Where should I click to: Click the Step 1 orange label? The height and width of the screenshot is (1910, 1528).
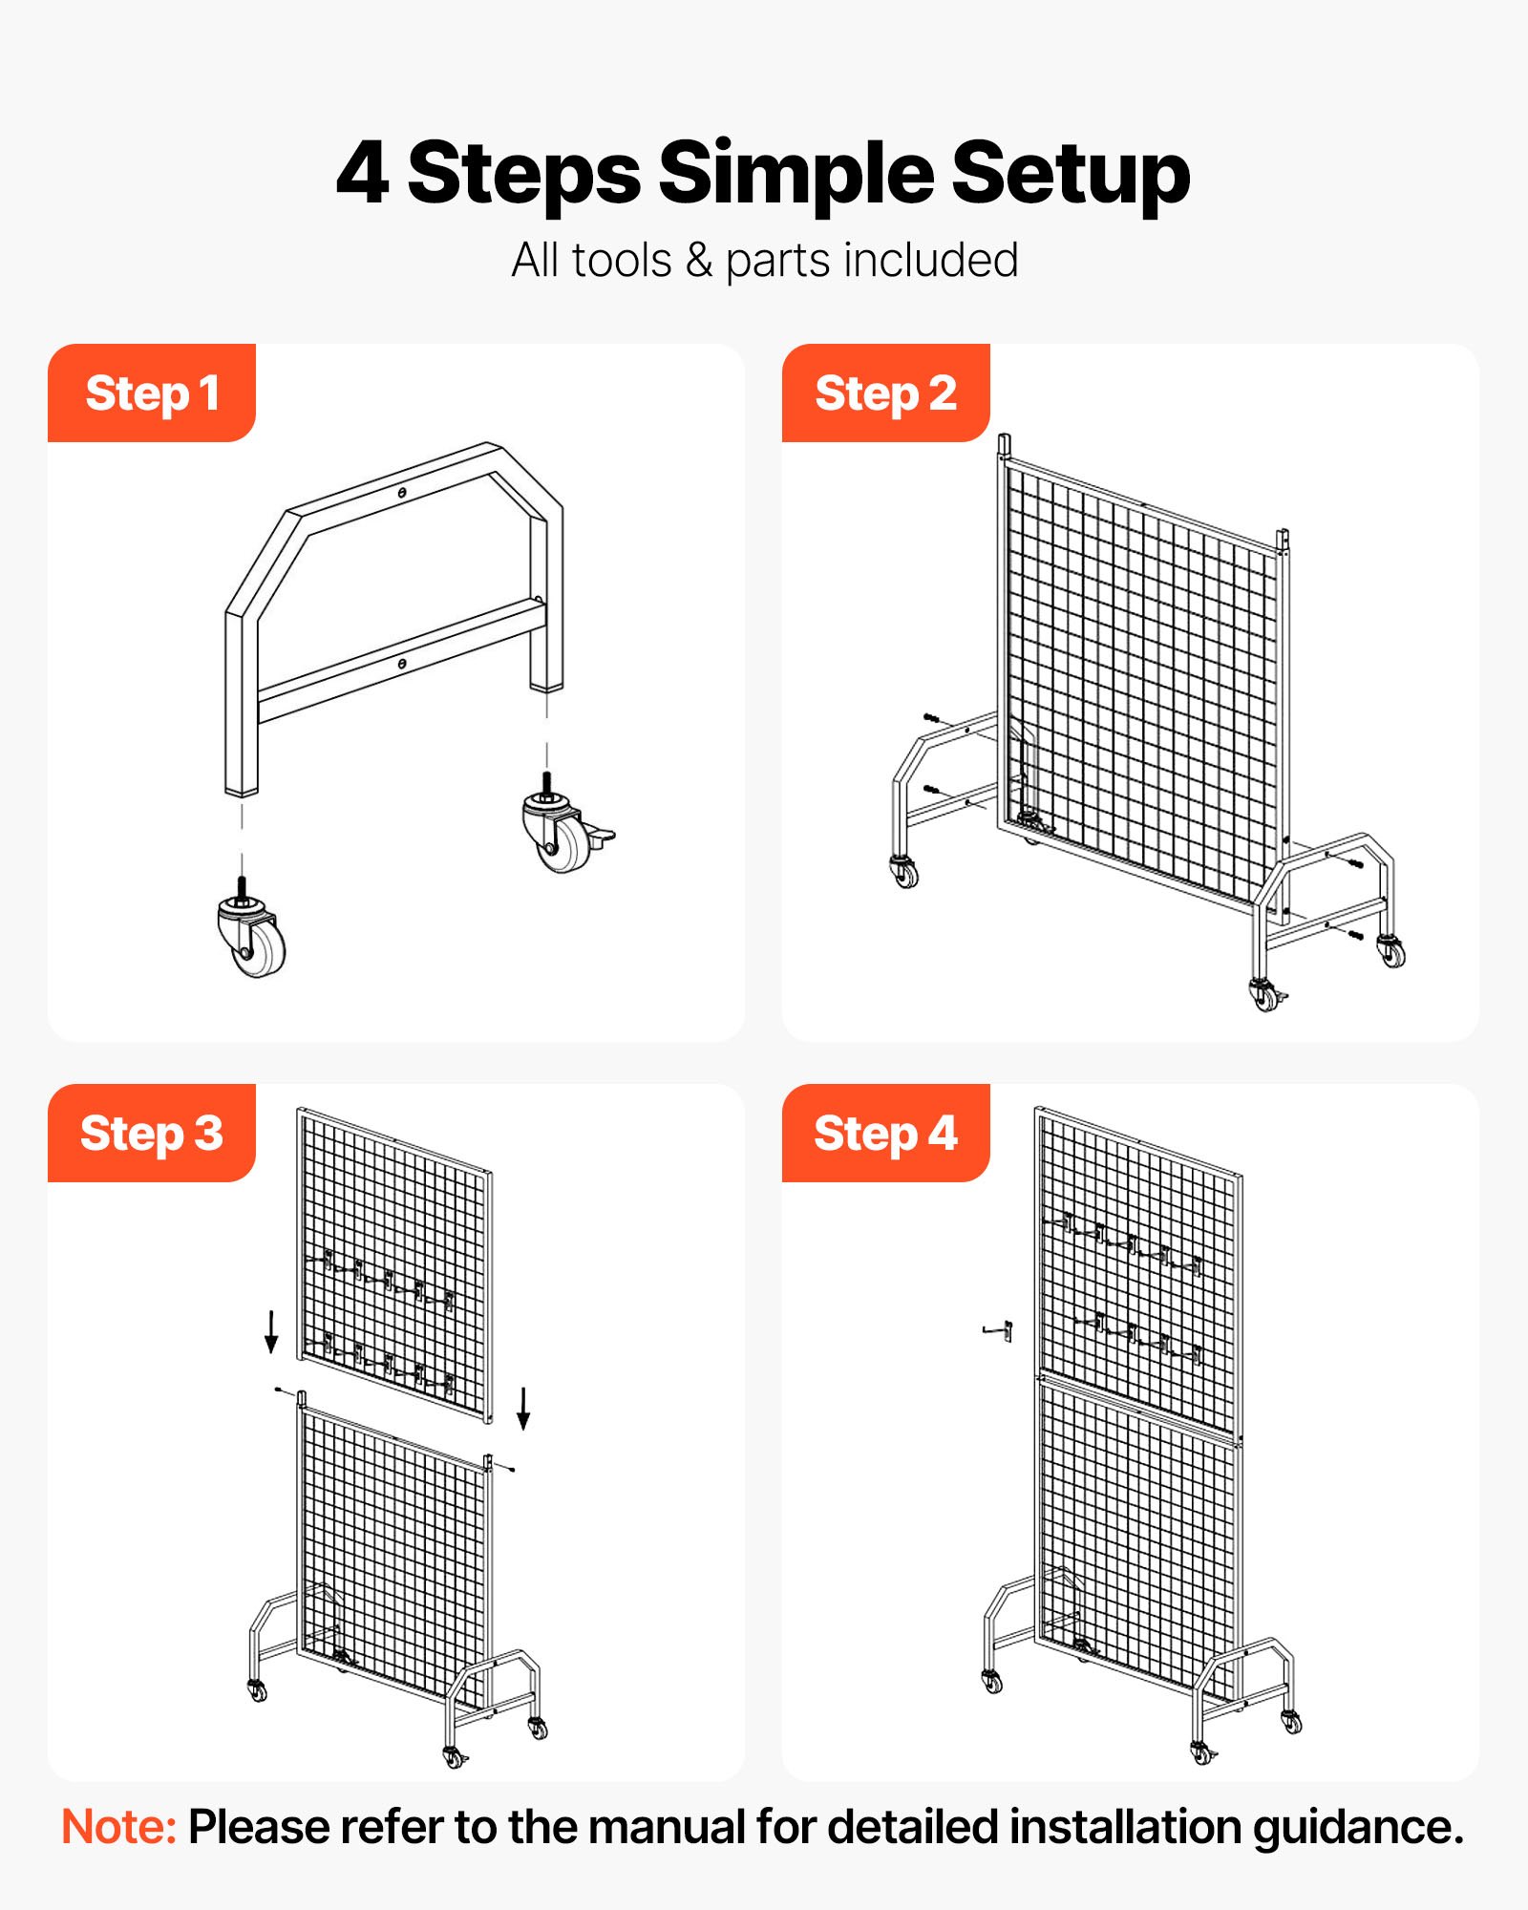coord(152,393)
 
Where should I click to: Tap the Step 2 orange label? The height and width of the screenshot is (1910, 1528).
coord(885,393)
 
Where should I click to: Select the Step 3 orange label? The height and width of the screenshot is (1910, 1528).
coord(152,1133)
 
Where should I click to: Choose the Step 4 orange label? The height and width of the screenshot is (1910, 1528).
coord(885,1133)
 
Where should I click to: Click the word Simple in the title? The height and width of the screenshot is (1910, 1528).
coord(796,174)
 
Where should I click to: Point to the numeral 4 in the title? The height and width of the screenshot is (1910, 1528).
coord(363,174)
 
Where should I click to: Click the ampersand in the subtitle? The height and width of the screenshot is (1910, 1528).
coord(699,260)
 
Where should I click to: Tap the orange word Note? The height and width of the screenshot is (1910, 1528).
coord(118,1827)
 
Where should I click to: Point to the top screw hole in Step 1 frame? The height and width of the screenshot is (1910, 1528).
coord(403,493)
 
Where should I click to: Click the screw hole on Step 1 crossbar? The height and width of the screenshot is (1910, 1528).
coord(402,663)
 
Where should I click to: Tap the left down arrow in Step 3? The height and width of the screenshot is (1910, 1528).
coord(271,1331)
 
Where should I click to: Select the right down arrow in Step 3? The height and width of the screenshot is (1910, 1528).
coord(523,1408)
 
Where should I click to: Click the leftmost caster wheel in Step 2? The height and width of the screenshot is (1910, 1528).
coord(903,871)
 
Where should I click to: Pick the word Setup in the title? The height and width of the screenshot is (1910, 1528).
coord(1071,174)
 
